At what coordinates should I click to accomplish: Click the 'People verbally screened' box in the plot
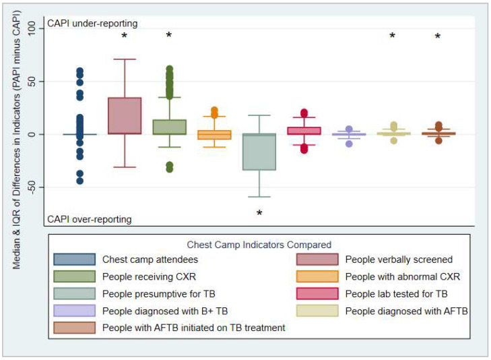coord(125,115)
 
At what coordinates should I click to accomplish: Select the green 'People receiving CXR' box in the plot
coord(170,127)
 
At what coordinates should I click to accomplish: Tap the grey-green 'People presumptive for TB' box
coord(259,152)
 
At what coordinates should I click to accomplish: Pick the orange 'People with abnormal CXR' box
coord(214,135)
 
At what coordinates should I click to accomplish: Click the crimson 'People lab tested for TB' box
coord(304,131)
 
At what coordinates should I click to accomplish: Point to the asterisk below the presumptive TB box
coord(259,213)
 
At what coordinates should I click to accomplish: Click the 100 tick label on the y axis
coord(32,28)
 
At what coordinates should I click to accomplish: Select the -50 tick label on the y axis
coord(32,187)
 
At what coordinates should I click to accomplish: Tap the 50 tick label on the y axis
coord(32,82)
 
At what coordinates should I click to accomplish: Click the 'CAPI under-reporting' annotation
coord(92,24)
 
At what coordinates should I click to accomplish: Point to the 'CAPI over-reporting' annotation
coord(90,219)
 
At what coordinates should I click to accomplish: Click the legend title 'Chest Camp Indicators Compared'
coord(259,245)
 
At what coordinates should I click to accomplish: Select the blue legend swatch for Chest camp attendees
coord(75,260)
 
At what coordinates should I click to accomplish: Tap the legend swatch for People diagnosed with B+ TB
coord(75,311)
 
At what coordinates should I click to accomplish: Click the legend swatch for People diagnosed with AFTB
coord(317,311)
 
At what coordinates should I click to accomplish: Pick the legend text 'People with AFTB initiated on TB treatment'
coord(194,328)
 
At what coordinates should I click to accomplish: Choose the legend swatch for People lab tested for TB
coord(317,293)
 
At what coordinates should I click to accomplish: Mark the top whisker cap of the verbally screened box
coord(125,59)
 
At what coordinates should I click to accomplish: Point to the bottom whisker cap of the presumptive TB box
coord(259,197)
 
